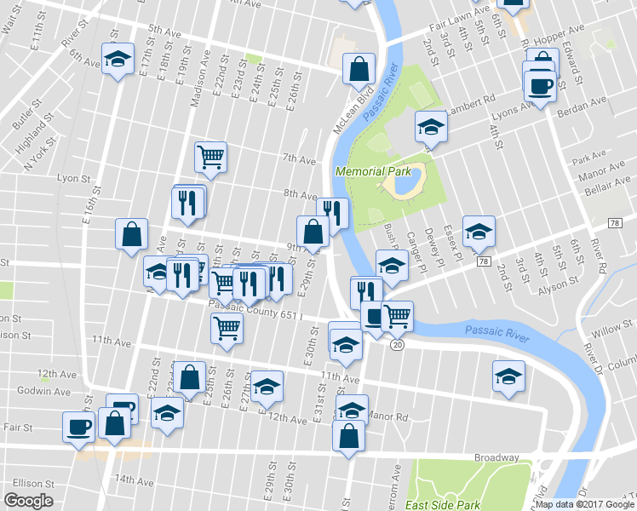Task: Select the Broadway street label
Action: pyautogui.click(x=496, y=458)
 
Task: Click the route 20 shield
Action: pyautogui.click(x=397, y=345)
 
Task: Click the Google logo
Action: pyautogui.click(x=28, y=501)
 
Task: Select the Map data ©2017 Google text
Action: pyautogui.click(x=584, y=504)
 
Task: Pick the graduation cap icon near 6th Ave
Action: pyautogui.click(x=118, y=59)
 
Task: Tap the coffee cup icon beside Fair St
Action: pyautogui.click(x=79, y=427)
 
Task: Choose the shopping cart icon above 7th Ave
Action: pyautogui.click(x=210, y=156)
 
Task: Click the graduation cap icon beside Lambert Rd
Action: pyautogui.click(x=431, y=128)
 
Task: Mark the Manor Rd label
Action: pyautogui.click(x=390, y=417)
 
